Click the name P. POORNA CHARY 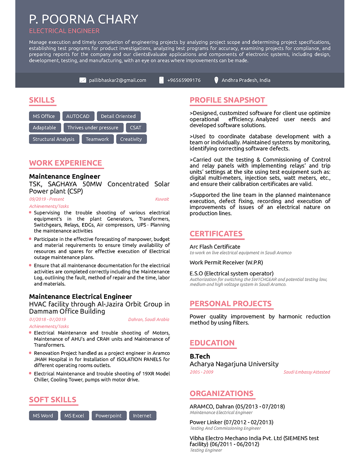point(84,19)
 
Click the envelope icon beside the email point(83,80)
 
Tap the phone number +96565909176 point(184,80)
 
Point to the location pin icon point(216,80)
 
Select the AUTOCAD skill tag point(78,116)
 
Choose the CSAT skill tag point(135,127)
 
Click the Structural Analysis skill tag point(54,139)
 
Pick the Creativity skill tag point(131,139)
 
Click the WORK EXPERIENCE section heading point(66,163)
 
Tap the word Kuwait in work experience point(162,199)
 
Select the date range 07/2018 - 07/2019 point(48,320)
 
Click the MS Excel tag point(74,416)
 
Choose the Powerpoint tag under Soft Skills point(108,416)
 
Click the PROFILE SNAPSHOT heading point(227,100)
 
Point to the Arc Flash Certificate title point(215,247)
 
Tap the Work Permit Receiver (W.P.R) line point(226,262)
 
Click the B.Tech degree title point(200,356)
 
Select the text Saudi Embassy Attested point(306,372)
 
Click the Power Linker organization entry point(231,422)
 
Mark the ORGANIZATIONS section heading point(222,393)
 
